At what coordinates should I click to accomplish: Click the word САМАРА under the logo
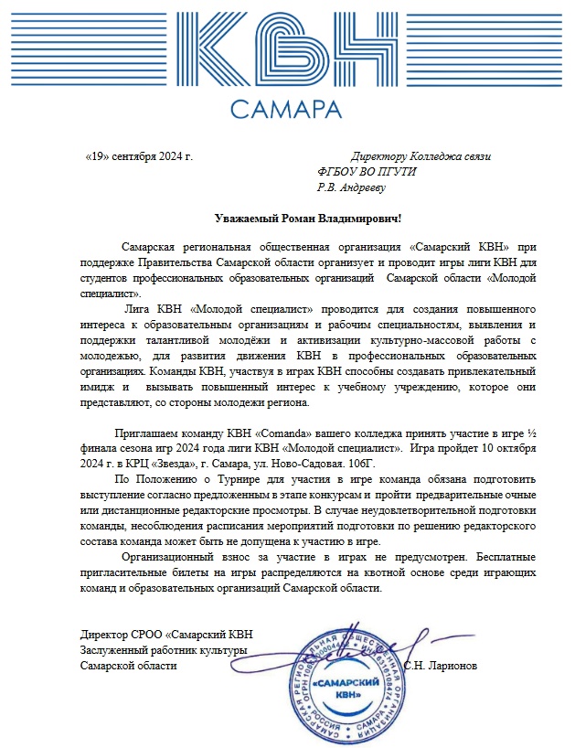pyautogui.click(x=286, y=110)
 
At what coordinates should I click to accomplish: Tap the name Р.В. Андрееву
pyautogui.click(x=351, y=187)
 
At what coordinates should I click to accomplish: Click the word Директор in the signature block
pyautogui.click(x=103, y=635)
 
